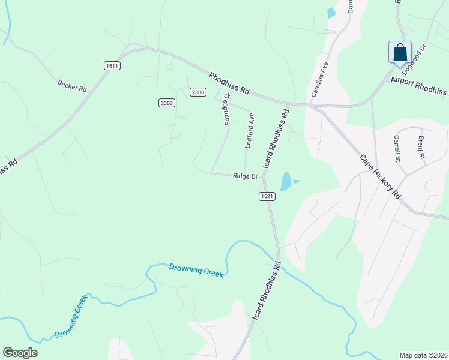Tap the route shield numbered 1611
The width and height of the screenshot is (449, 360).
[x=111, y=66]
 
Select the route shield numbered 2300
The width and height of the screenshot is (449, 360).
[x=198, y=92]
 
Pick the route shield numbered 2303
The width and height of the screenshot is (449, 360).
[x=167, y=103]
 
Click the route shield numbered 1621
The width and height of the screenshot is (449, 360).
[x=268, y=196]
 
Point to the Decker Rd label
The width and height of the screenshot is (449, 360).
[x=72, y=86]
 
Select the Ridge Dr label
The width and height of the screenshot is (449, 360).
[x=245, y=176]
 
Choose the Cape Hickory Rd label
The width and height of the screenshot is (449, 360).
[x=380, y=177]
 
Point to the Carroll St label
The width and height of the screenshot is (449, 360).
[x=397, y=148]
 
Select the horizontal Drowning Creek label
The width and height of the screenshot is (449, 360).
[x=196, y=270]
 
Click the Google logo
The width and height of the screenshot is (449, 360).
[x=20, y=353]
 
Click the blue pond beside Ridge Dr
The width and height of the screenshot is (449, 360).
[x=286, y=181]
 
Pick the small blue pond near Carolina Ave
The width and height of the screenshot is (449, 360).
[x=331, y=13]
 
